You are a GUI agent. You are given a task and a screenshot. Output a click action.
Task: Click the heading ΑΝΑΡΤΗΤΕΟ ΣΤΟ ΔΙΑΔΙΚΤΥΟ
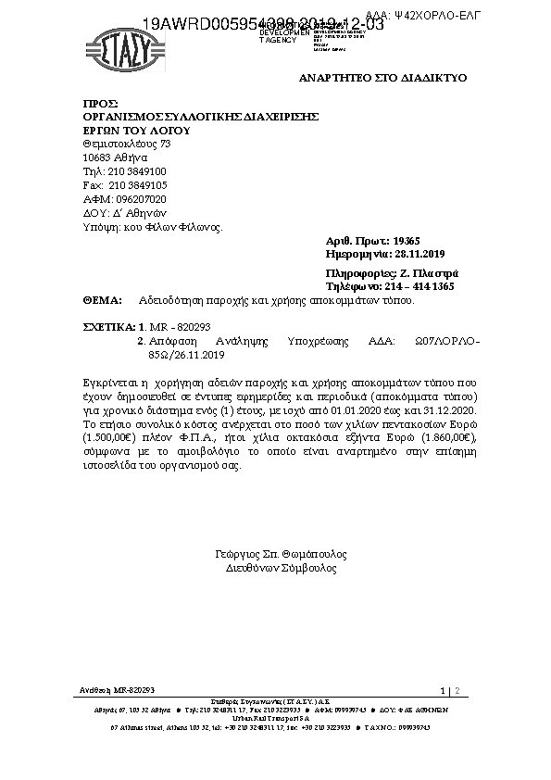pyautogui.click(x=382, y=78)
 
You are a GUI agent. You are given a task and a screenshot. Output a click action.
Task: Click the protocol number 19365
pyautogui.click(x=408, y=240)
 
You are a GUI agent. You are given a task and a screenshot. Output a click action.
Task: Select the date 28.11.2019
pyautogui.click(x=420, y=254)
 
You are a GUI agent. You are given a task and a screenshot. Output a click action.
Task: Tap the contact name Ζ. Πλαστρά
pyautogui.click(x=427, y=274)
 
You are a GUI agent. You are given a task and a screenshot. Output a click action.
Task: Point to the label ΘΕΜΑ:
pyautogui.click(x=103, y=301)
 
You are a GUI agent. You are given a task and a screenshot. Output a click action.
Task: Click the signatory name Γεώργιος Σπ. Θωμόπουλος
pyautogui.click(x=281, y=554)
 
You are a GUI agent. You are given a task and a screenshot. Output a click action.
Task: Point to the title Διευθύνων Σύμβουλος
pyautogui.click(x=281, y=568)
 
